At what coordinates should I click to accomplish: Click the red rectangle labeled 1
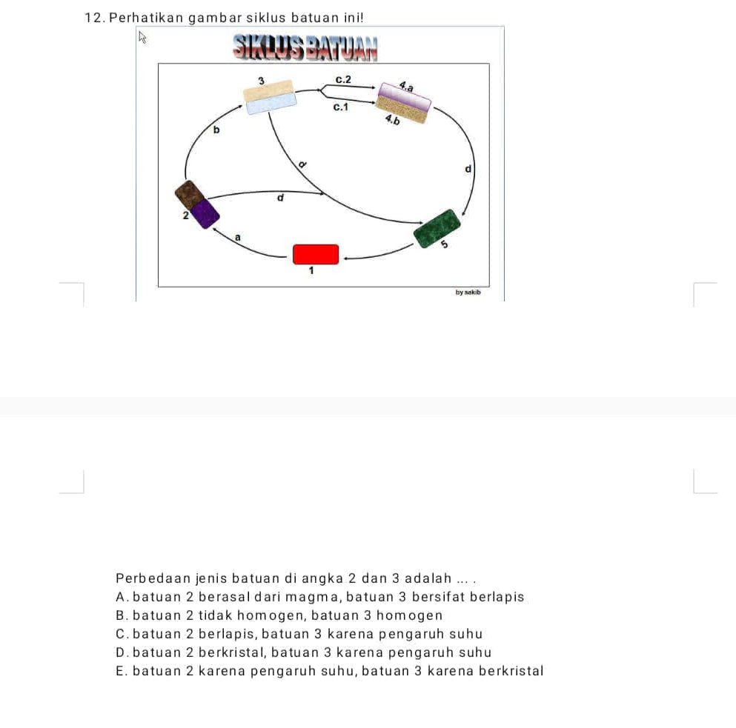(316, 254)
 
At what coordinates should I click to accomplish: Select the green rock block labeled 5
(437, 228)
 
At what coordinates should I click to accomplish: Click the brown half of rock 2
(189, 194)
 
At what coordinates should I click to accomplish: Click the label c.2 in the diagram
(344, 79)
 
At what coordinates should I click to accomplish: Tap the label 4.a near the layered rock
(406, 86)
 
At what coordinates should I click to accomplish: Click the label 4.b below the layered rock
(393, 120)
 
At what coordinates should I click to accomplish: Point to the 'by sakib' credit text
(468, 293)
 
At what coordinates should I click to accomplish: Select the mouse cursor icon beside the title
(143, 38)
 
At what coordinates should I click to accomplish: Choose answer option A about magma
(320, 597)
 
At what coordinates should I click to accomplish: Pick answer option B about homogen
(279, 615)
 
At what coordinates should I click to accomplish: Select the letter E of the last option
(120, 671)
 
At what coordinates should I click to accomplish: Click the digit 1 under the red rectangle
(312, 272)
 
